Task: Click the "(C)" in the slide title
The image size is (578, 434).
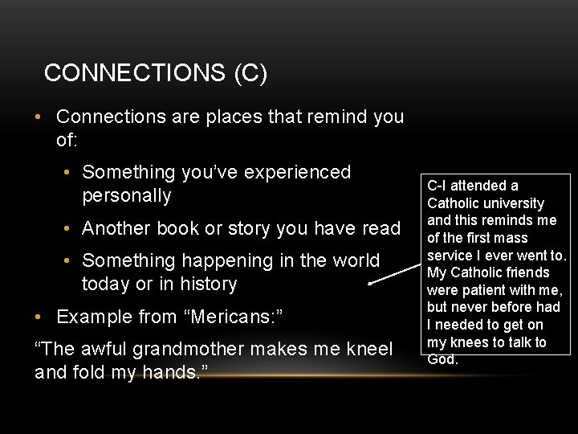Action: click(250, 73)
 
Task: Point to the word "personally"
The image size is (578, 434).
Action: click(127, 195)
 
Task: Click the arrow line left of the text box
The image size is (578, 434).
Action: click(395, 272)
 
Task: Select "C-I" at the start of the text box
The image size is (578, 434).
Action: click(438, 186)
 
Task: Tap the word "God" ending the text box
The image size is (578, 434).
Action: click(441, 359)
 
